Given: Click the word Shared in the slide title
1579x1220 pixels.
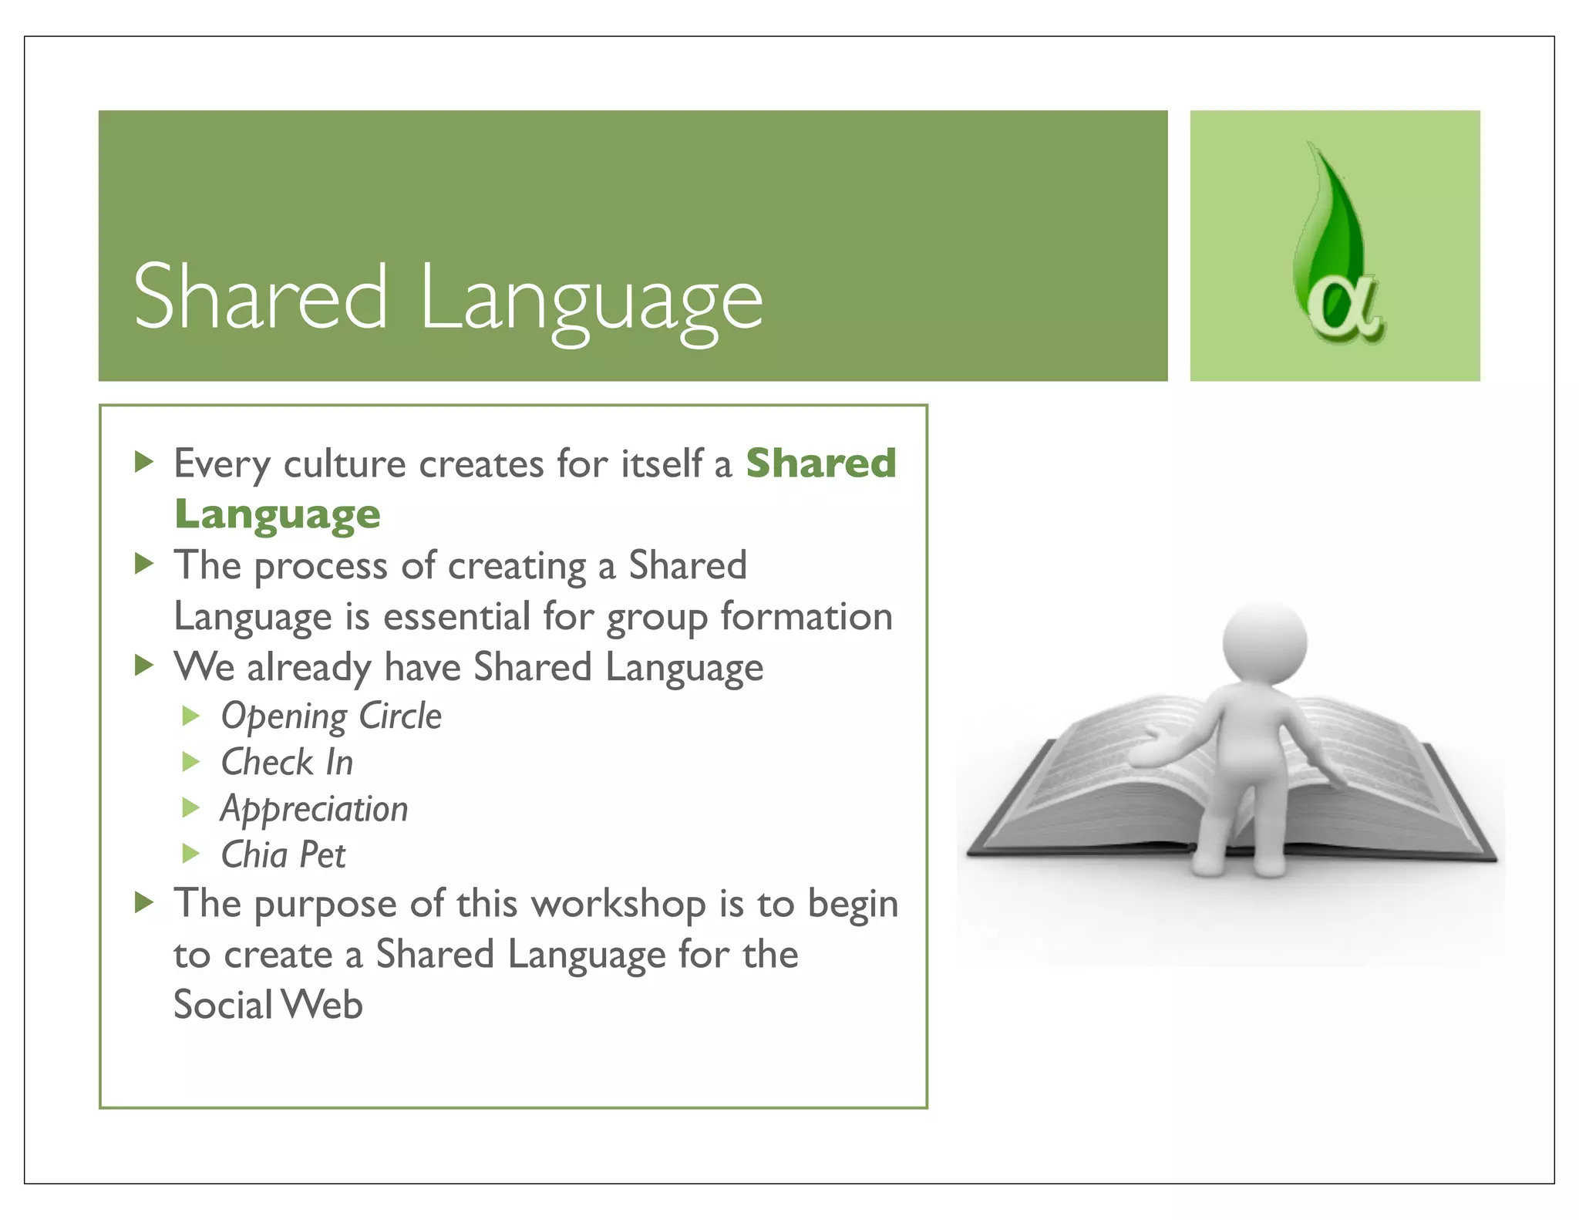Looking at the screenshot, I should coord(260,297).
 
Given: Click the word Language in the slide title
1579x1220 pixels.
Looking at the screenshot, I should coord(591,301).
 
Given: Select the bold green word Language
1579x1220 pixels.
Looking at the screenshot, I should coord(278,514).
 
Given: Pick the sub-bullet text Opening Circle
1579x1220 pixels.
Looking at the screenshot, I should coord(332,716).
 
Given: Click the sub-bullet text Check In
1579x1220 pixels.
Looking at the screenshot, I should coord(287,763).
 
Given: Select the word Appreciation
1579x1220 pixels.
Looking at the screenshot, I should coord(314,809).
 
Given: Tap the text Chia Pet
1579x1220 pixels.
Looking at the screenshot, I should coord(283,854).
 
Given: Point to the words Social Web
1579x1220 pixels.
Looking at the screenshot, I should coord(268,1005).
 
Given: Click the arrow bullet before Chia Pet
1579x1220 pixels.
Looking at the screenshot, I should coord(190,854).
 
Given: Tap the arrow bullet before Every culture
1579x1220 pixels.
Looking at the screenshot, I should coord(143,462).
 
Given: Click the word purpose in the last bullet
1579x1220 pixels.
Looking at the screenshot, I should coord(325,905).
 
